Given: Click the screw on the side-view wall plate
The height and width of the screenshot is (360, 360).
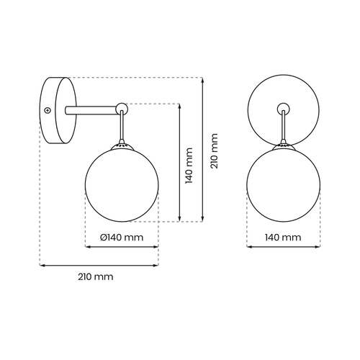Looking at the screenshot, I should tap(47, 110).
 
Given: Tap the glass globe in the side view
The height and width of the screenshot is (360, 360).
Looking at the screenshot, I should tap(122, 184).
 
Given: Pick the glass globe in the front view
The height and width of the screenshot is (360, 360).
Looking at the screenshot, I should tap(283, 184).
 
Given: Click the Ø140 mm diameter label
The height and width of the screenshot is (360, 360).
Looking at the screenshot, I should tap(121, 238).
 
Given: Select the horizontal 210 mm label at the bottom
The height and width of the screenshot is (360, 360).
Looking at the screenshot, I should tap(98, 276).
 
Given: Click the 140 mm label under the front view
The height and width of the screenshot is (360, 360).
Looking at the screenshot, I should tap(283, 238).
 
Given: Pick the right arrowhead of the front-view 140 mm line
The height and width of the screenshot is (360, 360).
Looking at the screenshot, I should tap(317, 247).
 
